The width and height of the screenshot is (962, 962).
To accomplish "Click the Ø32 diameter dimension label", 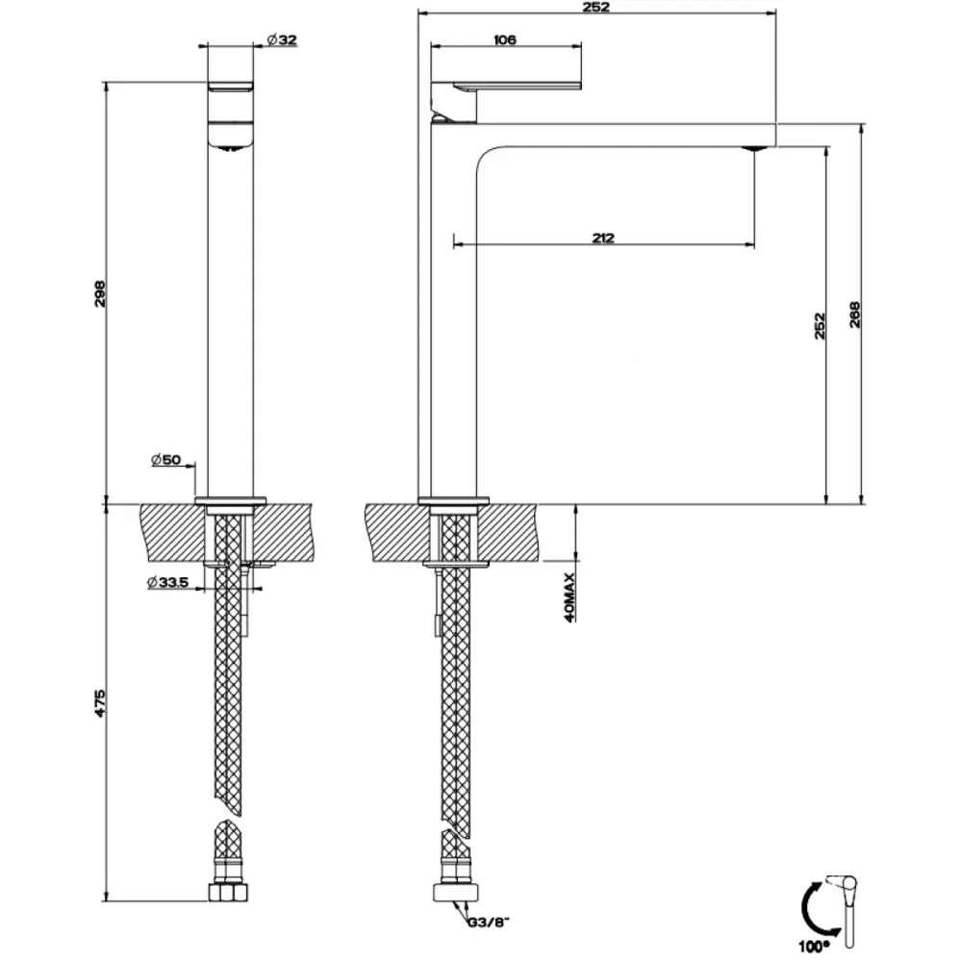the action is [282, 39].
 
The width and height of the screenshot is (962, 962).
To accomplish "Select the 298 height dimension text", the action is [100, 293].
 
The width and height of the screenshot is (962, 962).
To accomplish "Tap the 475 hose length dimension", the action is [100, 703].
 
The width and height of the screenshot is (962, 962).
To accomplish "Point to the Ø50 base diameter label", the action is [165, 460].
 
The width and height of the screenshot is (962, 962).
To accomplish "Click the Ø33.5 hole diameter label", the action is [167, 582].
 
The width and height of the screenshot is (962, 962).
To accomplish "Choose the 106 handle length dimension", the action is [505, 39].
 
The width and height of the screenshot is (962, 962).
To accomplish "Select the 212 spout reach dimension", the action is [604, 238].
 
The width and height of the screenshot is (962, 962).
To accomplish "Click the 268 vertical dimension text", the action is [855, 315].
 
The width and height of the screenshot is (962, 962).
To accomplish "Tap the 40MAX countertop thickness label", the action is [570, 597].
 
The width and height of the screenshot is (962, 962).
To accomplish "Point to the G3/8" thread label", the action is [489, 923].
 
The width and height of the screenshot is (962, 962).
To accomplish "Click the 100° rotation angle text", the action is [814, 948].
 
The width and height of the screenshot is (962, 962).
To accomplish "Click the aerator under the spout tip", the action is [754, 148].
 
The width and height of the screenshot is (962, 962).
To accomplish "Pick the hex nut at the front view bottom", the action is [228, 893].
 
